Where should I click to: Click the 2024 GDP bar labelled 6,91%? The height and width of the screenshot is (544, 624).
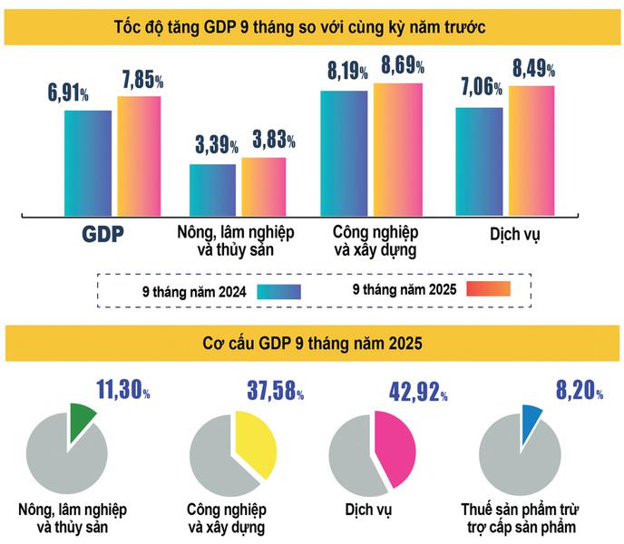pyautogui.click(x=87, y=160)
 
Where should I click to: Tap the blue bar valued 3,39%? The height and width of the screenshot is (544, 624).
pyautogui.click(x=212, y=187)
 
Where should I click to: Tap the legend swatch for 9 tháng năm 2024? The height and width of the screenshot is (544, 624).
pyautogui.click(x=278, y=291)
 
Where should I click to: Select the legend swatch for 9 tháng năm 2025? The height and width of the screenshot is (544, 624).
pyautogui.click(x=489, y=290)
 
